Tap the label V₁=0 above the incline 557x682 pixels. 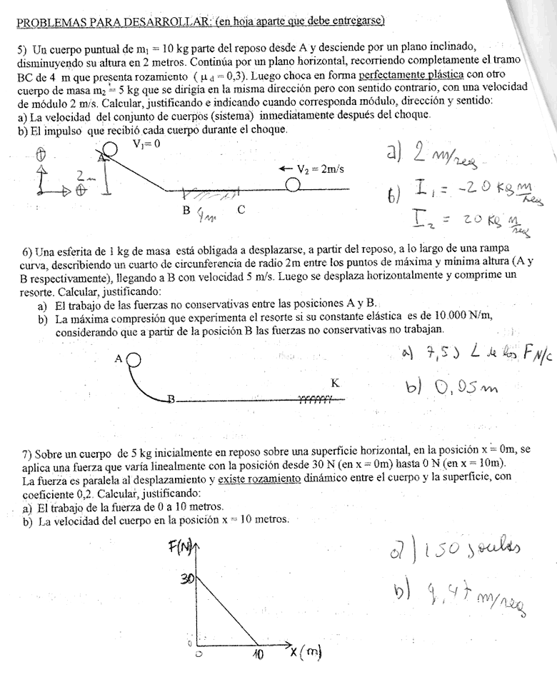(x=146, y=144)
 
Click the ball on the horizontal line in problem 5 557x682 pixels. (x=292, y=185)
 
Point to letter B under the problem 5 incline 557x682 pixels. (x=186, y=211)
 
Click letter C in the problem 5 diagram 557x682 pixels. (x=241, y=210)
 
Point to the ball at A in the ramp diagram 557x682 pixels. (x=134, y=359)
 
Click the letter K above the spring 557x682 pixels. (x=335, y=383)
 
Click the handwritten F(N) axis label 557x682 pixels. (x=183, y=547)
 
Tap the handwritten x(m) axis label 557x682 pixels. (x=306, y=651)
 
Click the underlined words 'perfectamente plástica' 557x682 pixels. (x=411, y=74)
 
